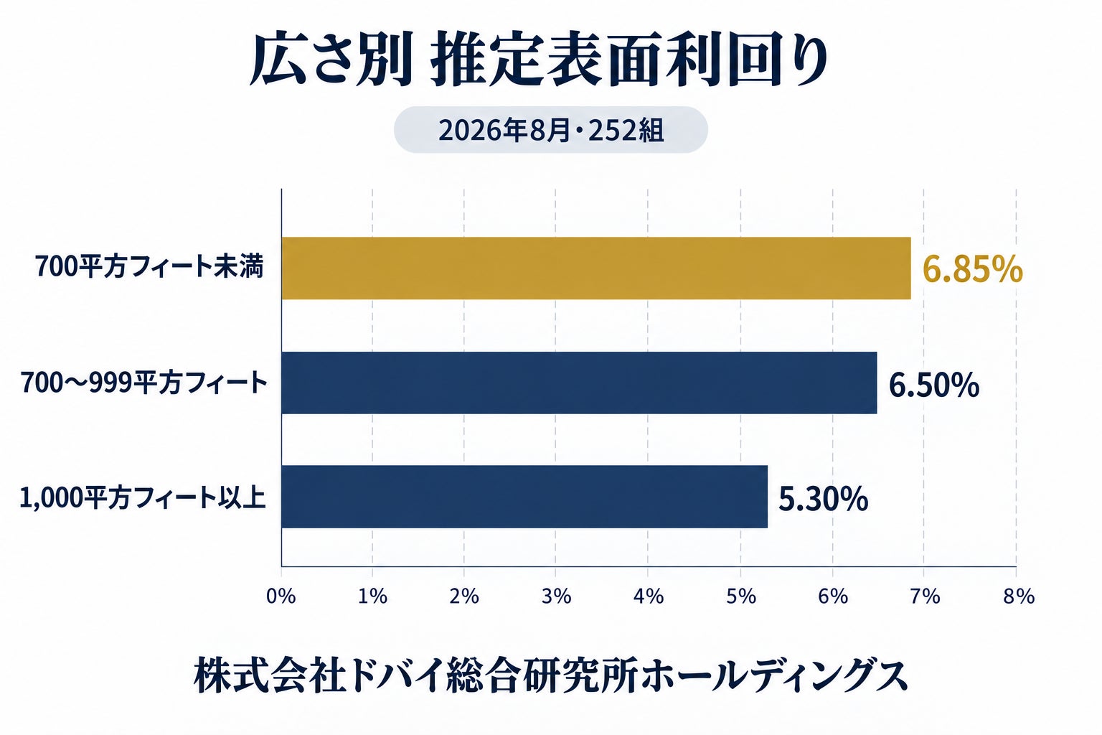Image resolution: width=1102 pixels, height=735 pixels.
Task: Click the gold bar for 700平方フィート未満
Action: (x=596, y=268)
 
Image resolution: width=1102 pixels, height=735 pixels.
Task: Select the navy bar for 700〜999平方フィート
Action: (x=579, y=383)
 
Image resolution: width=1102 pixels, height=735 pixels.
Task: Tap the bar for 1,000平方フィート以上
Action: (x=524, y=496)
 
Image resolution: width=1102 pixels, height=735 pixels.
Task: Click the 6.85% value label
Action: (x=973, y=270)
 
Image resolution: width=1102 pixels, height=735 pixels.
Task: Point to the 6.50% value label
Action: (x=933, y=385)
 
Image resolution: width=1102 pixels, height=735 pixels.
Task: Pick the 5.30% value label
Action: (x=823, y=499)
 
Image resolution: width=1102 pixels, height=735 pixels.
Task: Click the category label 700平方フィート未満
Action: (x=149, y=267)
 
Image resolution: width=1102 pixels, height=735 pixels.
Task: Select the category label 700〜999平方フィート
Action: (x=143, y=383)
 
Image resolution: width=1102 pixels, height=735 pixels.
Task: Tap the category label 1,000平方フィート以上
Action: (x=143, y=497)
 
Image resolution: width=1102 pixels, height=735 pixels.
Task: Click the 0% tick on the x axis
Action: (x=281, y=596)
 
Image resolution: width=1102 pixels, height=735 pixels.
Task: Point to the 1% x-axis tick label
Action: (x=372, y=596)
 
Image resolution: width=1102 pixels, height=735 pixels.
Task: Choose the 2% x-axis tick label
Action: (x=464, y=596)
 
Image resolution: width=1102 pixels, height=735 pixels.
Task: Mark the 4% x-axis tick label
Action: (x=648, y=596)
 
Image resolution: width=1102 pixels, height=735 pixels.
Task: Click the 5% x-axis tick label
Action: (x=741, y=596)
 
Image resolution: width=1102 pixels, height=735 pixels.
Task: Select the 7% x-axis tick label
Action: (x=924, y=596)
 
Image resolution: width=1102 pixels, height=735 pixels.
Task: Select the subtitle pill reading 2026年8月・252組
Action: (x=550, y=130)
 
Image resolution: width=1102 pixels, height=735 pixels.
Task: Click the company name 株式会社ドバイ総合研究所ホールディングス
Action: (x=550, y=675)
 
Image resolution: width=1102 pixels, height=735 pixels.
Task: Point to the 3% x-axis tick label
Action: (x=556, y=596)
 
